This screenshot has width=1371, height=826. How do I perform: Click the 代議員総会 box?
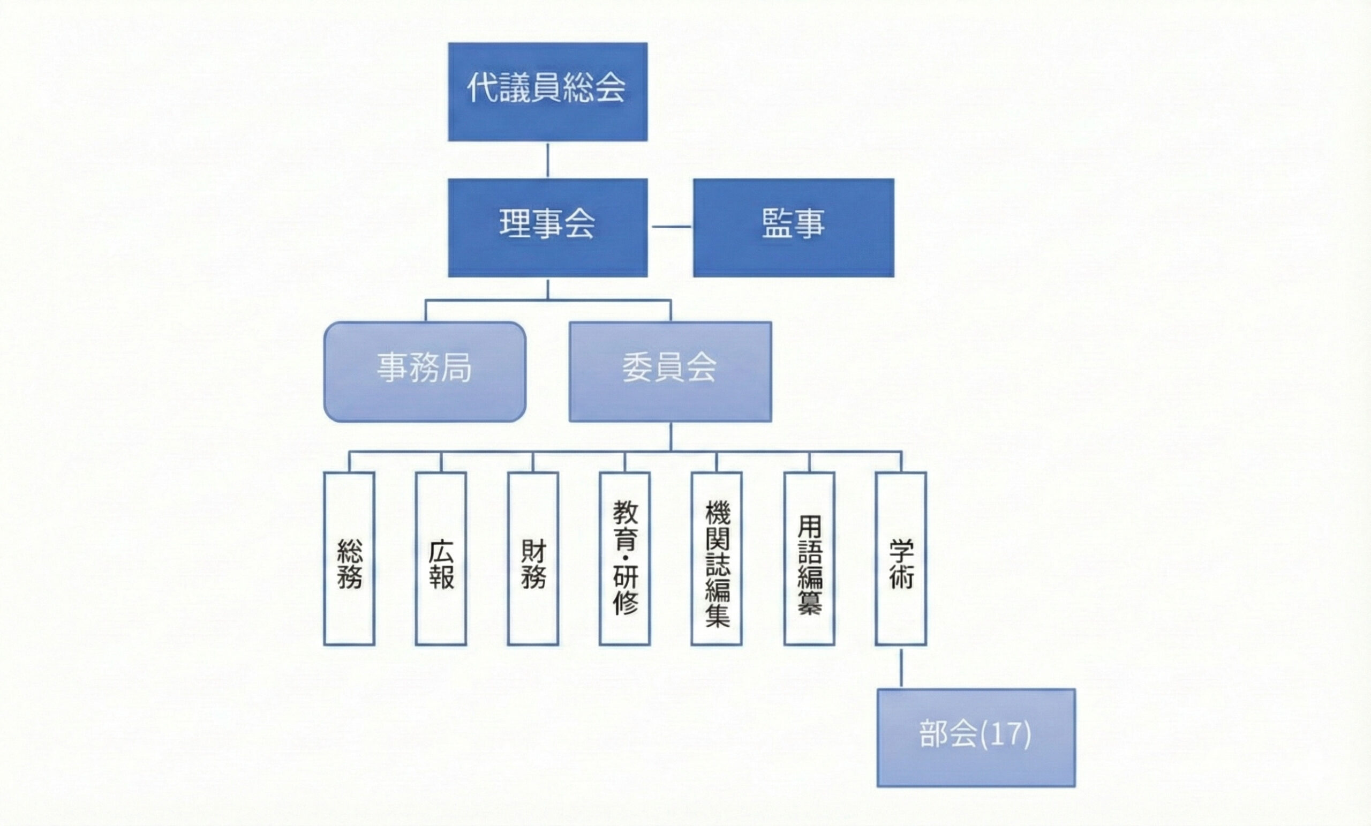point(547,92)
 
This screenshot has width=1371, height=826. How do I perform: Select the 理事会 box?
point(547,227)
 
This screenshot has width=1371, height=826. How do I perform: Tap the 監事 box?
point(794,227)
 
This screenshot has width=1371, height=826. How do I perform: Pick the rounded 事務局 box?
point(425,371)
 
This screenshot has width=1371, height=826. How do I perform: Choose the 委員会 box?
point(670,371)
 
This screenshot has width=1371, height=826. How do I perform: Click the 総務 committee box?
point(349,558)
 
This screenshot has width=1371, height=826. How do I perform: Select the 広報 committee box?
point(441,558)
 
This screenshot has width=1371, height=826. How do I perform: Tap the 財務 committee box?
point(532,558)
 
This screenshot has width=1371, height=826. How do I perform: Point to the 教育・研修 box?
point(624,558)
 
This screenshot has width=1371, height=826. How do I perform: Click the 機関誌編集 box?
point(716,558)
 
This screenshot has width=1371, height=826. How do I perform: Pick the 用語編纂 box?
point(809,558)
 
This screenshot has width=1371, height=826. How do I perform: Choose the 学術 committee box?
point(901,558)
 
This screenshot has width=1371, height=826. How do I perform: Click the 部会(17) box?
point(976,738)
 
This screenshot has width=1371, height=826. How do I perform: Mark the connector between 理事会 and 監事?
point(671,227)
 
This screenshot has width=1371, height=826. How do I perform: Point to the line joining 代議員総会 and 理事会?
point(547,160)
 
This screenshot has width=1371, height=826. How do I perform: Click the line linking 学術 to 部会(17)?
point(901,667)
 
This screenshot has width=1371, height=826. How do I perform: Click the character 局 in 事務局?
point(456,368)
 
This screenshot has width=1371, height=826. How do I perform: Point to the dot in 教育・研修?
point(625,557)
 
